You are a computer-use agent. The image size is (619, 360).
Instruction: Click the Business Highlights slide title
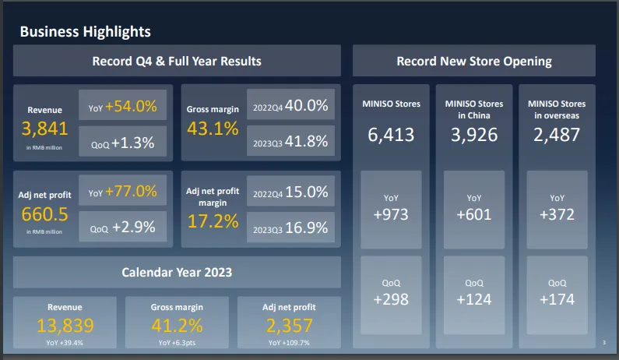pyautogui.click(x=85, y=31)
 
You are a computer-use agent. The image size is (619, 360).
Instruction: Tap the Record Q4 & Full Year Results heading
pyautogui.click(x=177, y=61)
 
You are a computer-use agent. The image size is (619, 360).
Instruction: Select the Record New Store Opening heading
pyautogui.click(x=473, y=61)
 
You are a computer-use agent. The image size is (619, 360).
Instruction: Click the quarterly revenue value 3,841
pyautogui.click(x=44, y=129)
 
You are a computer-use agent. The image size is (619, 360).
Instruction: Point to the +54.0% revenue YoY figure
pyautogui.click(x=132, y=106)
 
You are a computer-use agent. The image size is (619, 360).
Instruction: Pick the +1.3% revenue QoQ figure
pyautogui.click(x=133, y=143)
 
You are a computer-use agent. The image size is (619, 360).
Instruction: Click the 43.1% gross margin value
pyautogui.click(x=213, y=129)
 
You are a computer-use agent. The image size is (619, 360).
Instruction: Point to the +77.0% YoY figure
pyautogui.click(x=132, y=192)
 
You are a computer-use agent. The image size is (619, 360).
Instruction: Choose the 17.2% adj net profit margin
pyautogui.click(x=213, y=221)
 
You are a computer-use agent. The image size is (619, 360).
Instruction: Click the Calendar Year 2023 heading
pyautogui.click(x=177, y=273)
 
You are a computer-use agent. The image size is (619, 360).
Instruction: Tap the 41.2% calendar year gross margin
pyautogui.click(x=177, y=326)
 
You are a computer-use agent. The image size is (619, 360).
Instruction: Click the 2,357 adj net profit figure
pyautogui.click(x=289, y=326)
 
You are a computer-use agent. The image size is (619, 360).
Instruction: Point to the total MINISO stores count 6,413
pyautogui.click(x=391, y=134)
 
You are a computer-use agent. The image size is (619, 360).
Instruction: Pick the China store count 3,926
pyautogui.click(x=473, y=134)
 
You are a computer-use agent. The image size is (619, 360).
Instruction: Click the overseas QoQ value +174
pyautogui.click(x=557, y=299)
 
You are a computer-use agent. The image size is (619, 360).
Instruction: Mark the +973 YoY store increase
pyautogui.click(x=391, y=214)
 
